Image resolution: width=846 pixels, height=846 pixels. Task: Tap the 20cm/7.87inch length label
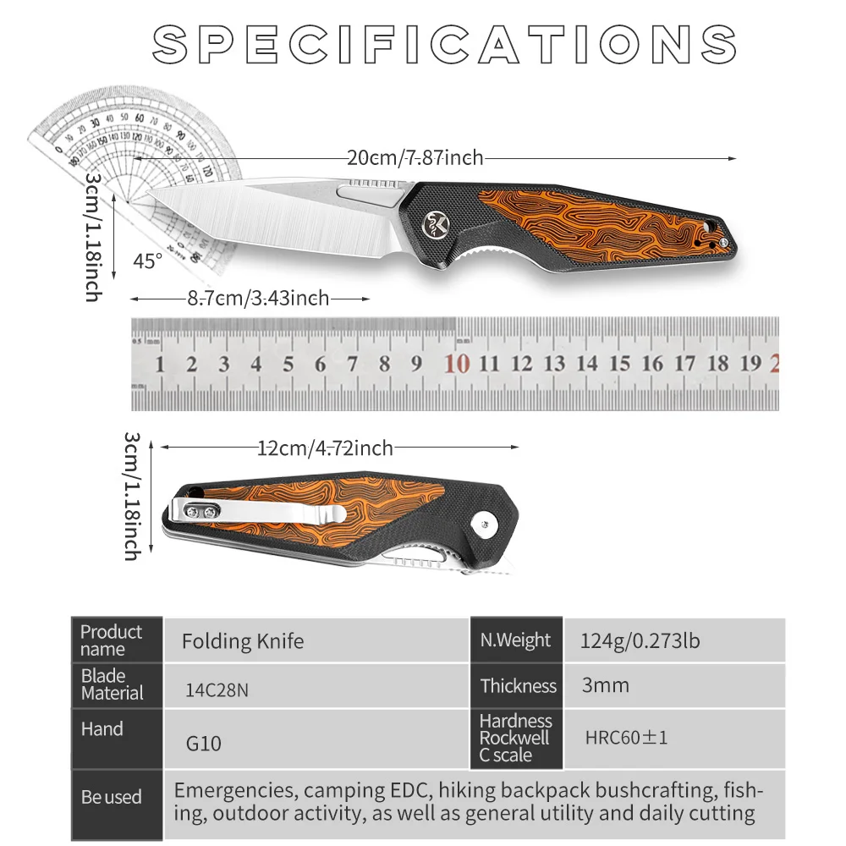(415, 157)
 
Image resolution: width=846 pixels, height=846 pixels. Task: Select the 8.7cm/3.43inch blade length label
(258, 298)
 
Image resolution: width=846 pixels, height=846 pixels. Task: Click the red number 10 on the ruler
(457, 364)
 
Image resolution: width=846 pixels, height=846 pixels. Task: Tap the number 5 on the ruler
(288, 365)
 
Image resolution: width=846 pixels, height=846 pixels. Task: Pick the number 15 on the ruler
(619, 364)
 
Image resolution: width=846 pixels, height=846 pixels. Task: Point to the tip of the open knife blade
(151, 199)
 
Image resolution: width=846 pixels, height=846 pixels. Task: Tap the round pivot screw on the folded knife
(486, 524)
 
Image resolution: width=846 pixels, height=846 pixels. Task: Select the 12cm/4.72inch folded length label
(325, 448)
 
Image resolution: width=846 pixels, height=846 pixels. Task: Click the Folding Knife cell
(243, 641)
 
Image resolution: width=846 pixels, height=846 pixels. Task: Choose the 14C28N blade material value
(217, 689)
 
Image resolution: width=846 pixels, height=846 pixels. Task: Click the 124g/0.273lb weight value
(640, 640)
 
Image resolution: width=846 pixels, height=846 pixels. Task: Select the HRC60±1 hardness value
(626, 738)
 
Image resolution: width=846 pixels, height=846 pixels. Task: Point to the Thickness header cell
(518, 686)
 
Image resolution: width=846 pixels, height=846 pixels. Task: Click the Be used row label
(112, 797)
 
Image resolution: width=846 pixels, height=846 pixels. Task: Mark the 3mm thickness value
(605, 685)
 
